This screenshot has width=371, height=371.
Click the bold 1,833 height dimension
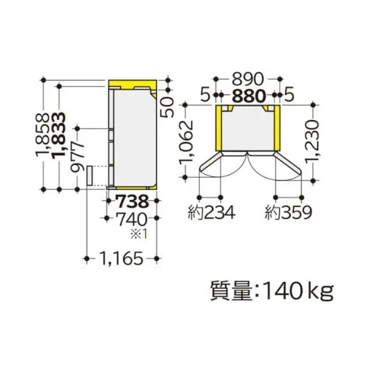[x=59, y=135]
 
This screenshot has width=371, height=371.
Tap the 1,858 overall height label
[x=43, y=135]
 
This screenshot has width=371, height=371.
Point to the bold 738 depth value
[x=134, y=202]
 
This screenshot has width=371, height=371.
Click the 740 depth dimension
[x=132, y=220]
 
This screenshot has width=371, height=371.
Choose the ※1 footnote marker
[x=139, y=234]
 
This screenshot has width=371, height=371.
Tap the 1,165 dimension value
[x=121, y=258]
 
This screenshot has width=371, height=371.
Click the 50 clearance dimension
[x=168, y=107]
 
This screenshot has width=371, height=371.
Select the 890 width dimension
[x=247, y=79]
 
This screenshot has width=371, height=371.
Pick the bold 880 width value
[x=249, y=96]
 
